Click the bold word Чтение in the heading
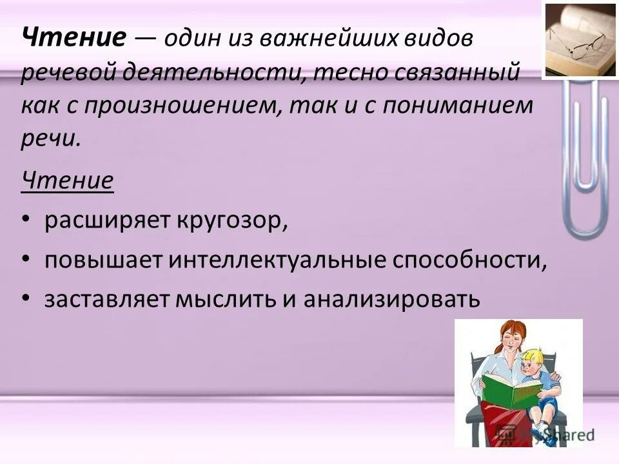tap(74, 40)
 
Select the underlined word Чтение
tap(68, 180)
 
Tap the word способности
tap(471, 262)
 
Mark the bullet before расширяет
tap(26, 221)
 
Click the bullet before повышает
tap(26, 260)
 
